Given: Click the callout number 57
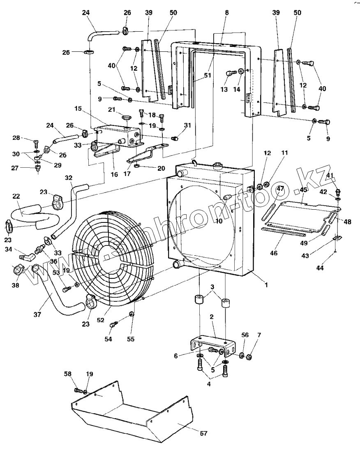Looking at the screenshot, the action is [x=203, y=433].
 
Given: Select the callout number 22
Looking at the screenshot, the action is [x=16, y=196].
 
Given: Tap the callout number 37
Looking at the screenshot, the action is [x=37, y=315].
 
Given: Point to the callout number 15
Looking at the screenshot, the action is [x=78, y=109].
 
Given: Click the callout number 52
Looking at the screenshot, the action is [x=100, y=320].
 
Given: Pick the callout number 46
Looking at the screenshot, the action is [x=274, y=253].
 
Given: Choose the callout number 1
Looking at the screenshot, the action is [x=266, y=285].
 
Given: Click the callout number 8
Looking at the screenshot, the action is [x=227, y=13].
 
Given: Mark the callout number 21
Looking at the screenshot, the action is [x=111, y=110].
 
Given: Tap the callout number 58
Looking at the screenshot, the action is [x=68, y=374].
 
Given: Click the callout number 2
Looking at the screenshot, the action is [x=212, y=317].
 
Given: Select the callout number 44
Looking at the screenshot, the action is [x=320, y=268].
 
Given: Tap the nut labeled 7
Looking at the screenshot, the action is [x=249, y=357].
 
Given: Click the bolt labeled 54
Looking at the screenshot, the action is [x=114, y=325].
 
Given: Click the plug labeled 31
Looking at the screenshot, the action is [x=174, y=138].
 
